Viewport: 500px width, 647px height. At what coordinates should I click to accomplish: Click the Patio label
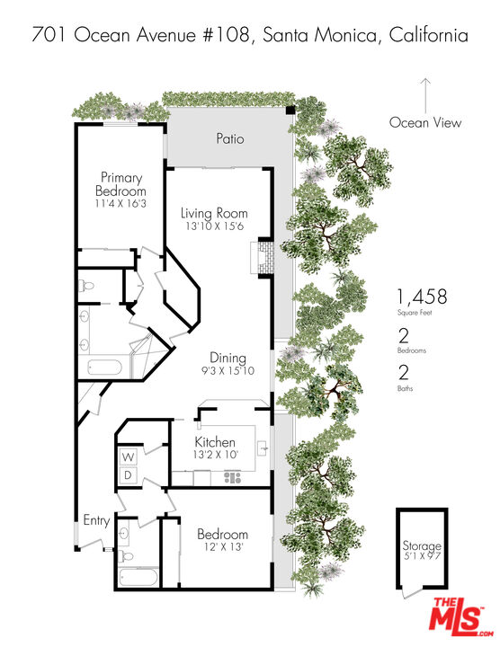pyautogui.click(x=229, y=139)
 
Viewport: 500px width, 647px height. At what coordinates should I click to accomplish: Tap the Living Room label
pyautogui.click(x=213, y=213)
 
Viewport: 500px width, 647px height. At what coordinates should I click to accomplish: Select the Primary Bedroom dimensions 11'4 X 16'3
pyautogui.click(x=121, y=204)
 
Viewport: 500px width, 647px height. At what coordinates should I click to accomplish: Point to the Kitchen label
pyautogui.click(x=216, y=443)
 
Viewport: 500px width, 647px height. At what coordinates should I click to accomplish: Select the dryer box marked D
pyautogui.click(x=128, y=474)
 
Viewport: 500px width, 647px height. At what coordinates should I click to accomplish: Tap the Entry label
pyautogui.click(x=96, y=520)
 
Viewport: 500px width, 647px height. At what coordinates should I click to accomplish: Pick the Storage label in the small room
pyautogui.click(x=422, y=546)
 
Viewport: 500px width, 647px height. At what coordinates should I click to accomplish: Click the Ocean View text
pyautogui.click(x=425, y=123)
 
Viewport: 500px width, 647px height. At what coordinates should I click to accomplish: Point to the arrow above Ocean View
pyautogui.click(x=425, y=94)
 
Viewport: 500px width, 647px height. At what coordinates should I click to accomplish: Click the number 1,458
pyautogui.click(x=422, y=297)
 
